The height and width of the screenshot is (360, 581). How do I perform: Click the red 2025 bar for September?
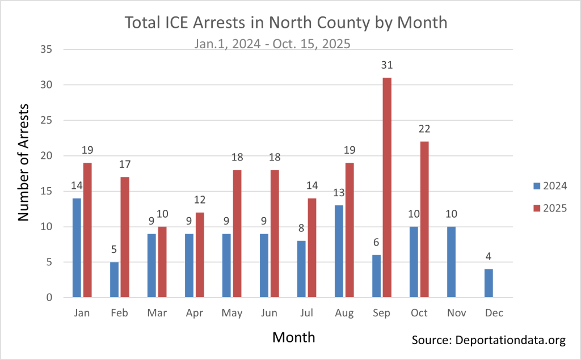tap(387, 188)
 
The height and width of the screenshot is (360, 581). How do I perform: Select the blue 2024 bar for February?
tap(113, 279)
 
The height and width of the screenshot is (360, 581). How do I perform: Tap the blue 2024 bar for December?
tap(489, 283)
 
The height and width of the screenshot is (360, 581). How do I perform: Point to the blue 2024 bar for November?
tap(451, 262)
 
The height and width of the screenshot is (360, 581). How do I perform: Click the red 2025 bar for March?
tap(162, 262)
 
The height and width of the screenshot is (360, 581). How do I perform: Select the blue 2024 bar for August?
tap(338, 251)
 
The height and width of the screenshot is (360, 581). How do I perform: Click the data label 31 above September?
tap(387, 66)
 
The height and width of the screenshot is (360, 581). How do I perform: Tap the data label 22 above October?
tap(424, 129)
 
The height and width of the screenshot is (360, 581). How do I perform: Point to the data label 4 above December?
tap(489, 257)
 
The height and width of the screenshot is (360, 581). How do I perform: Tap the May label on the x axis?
tap(231, 314)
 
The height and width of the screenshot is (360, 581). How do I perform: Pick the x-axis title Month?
tap(293, 337)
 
